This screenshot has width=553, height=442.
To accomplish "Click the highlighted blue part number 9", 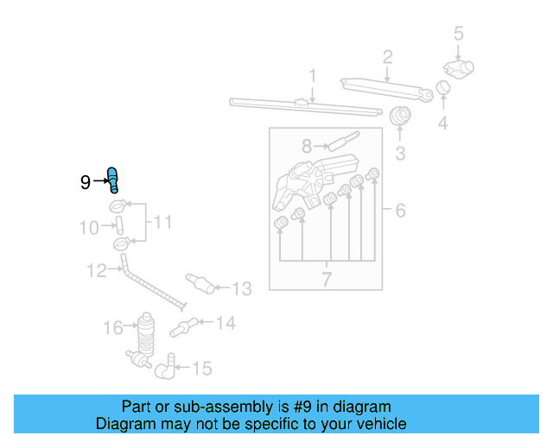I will click(x=112, y=180).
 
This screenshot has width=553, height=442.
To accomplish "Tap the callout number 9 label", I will click(x=85, y=181).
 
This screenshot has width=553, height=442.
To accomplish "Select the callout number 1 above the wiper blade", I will click(x=312, y=76).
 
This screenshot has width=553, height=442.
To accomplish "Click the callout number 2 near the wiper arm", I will click(x=388, y=58).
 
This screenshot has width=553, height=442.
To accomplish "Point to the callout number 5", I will click(x=459, y=34).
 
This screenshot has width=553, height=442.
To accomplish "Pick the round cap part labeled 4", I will click(x=443, y=87).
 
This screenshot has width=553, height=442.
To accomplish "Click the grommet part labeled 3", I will click(x=400, y=117).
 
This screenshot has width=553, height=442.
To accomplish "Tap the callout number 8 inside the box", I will click(x=307, y=146).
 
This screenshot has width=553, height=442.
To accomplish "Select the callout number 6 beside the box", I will click(x=400, y=210).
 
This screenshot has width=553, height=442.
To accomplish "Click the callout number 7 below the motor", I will click(x=327, y=278).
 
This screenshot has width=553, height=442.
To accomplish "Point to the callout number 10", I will click(x=90, y=228).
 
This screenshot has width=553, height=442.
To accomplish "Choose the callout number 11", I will click(x=162, y=223).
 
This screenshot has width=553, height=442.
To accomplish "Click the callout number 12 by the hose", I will click(x=95, y=271).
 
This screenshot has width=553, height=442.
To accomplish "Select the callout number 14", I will click(x=225, y=323).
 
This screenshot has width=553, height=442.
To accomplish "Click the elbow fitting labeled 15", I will click(x=164, y=370).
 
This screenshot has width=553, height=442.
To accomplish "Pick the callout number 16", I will click(x=113, y=327).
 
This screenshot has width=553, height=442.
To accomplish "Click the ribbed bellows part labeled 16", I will click(x=146, y=331).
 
